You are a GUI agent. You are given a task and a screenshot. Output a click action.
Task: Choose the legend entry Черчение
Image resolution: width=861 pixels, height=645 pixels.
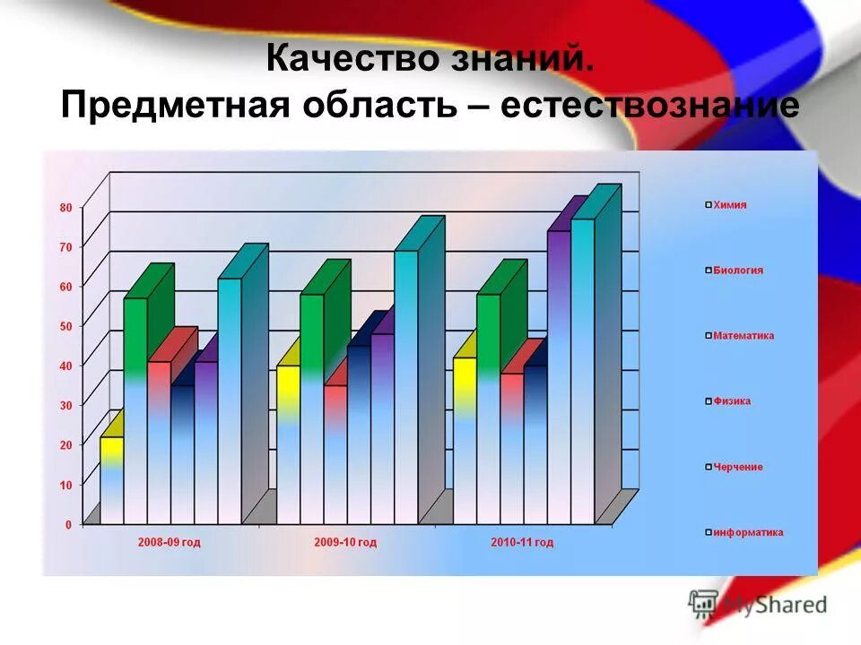click(x=737, y=467)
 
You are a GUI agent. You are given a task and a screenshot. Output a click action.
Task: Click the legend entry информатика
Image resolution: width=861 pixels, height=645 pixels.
click(x=747, y=532)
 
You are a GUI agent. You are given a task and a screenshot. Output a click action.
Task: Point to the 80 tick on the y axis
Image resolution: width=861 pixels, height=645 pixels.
click(x=65, y=207)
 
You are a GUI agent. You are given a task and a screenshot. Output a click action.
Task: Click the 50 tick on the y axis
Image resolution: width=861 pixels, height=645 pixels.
click(x=65, y=326)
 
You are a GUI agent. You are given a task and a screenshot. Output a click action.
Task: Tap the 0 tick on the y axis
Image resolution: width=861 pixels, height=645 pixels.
click(x=68, y=524)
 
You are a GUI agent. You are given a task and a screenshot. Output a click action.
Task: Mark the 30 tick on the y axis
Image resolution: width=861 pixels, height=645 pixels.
click(x=65, y=405)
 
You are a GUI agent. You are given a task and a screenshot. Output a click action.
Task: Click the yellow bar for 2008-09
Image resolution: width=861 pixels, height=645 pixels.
click(x=111, y=479)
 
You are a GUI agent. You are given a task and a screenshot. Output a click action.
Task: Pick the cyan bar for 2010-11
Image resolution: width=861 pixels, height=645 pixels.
click(x=583, y=367)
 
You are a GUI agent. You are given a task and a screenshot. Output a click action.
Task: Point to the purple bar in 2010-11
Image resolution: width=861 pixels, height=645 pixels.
click(x=559, y=376)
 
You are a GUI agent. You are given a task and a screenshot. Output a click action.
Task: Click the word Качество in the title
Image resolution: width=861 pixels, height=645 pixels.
click(x=343, y=61)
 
